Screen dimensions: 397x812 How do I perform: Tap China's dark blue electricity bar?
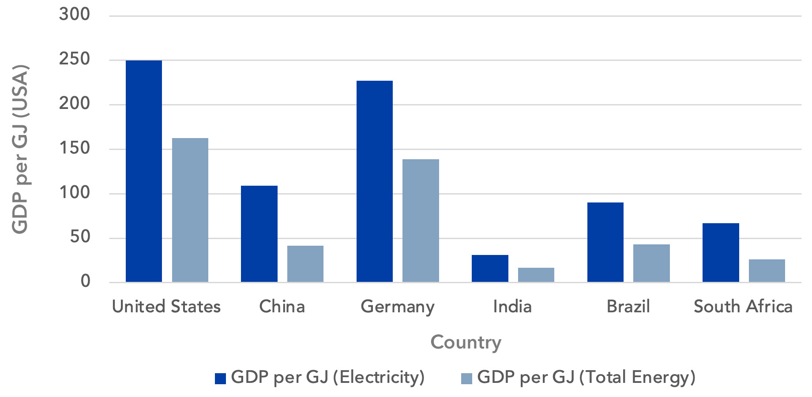point(259,234)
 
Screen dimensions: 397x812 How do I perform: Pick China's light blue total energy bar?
point(305,264)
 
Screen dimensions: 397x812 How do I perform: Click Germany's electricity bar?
point(375,181)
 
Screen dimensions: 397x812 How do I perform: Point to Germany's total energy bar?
point(421,221)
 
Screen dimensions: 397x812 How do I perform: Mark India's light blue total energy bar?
point(536,275)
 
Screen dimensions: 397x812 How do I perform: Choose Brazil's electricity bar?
point(605,242)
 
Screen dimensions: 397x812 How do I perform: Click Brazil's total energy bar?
point(651,263)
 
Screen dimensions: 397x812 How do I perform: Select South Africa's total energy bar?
point(767,270)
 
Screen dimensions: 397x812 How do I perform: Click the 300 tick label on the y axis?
point(75,15)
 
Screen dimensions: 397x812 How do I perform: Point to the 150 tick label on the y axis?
point(75,148)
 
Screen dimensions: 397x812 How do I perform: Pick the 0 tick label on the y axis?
point(85,281)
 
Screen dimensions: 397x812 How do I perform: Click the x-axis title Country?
point(466,342)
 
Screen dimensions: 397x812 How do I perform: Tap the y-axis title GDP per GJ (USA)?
point(20,149)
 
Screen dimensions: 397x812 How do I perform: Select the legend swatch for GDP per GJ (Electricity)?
point(220,378)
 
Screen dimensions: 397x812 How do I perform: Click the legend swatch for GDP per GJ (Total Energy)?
point(466,378)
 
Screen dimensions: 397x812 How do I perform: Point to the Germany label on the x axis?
point(398,307)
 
